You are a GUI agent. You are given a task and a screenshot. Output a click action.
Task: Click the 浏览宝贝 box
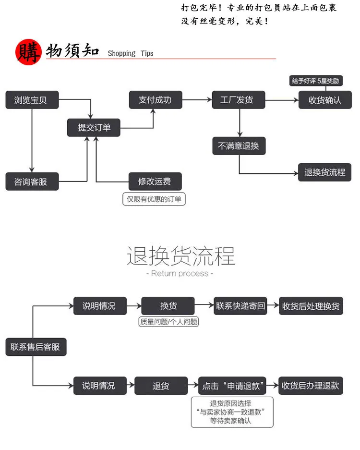tap(32, 100)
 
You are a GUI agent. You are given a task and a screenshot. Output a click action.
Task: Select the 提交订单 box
tap(94, 128)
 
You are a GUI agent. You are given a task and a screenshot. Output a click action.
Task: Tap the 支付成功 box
tap(156, 100)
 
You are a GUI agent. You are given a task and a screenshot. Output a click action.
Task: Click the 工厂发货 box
tap(239, 100)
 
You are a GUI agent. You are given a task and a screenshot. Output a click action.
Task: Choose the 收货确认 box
tap(325, 100)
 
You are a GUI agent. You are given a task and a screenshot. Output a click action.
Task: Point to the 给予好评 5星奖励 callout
tap(315, 81)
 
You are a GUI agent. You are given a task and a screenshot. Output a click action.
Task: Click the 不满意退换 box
tap(239, 146)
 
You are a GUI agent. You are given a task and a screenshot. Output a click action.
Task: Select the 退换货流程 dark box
tap(324, 172)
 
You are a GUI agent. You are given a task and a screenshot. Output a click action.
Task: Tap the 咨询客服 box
tap(32, 182)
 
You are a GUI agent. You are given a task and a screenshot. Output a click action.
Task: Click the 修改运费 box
tap(155, 182)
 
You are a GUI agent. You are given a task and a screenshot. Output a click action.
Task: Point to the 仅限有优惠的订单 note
tap(154, 199)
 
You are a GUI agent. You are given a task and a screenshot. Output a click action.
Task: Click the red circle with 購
tap(28, 52)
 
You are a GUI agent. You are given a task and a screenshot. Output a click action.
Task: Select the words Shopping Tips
tap(131, 53)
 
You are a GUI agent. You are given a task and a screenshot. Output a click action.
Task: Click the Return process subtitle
tap(180, 273)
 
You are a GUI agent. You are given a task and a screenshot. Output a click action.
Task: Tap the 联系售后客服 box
tap(36, 347)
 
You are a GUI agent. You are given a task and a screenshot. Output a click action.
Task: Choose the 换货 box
tap(168, 306)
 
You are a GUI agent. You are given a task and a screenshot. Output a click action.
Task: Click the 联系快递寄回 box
tap(240, 306)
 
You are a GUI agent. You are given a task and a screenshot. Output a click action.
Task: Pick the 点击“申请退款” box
tap(232, 386)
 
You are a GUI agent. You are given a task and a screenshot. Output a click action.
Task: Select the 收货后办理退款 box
tap(311, 386)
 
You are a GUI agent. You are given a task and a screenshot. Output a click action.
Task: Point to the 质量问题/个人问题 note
tap(168, 322)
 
